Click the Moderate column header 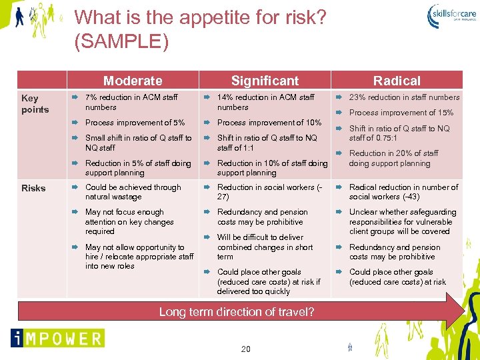point(133,81)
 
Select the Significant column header point(265,81)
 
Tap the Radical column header point(397,81)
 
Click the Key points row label point(35,103)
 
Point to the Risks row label point(33,188)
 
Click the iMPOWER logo point(57,338)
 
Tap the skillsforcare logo point(453,14)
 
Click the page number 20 point(246,349)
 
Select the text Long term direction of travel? point(237,311)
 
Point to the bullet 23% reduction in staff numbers point(404,97)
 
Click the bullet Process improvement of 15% point(401,113)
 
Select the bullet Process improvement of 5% point(135,123)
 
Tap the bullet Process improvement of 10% point(269,123)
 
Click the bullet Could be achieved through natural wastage point(133,192)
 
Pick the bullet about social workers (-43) point(403,192)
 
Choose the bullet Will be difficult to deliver point(260,247)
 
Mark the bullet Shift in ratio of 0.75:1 point(399,133)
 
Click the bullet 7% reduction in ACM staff point(131,102)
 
